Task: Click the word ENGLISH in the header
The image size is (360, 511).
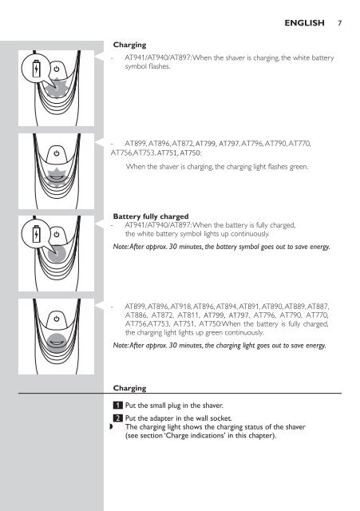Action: pos(304,23)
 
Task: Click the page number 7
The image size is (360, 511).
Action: pos(340,23)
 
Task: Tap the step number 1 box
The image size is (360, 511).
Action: pos(117,406)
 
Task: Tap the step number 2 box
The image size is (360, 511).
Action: pos(117,418)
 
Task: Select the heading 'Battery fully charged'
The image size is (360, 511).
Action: pos(151,216)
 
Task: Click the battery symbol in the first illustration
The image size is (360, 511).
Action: pos(37,69)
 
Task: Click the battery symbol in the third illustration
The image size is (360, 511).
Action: pos(37,234)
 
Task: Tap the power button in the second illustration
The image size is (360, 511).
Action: pos(57,153)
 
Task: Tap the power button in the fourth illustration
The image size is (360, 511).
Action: pos(57,319)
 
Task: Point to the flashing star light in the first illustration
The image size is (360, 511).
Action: pos(57,88)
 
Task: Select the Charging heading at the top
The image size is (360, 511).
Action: pos(129,45)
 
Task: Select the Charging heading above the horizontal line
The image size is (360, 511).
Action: pos(129,388)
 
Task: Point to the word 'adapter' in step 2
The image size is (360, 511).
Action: pos(158,418)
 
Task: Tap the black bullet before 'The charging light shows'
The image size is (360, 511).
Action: pos(112,427)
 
